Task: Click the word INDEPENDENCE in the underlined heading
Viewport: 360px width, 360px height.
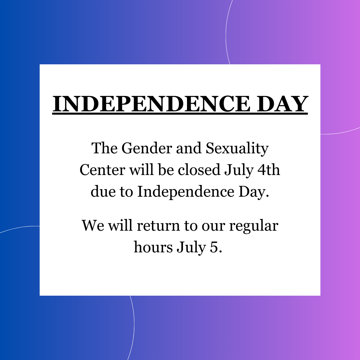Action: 151,104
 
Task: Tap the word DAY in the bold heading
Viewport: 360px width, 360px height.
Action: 282,104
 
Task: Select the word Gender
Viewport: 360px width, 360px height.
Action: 147,148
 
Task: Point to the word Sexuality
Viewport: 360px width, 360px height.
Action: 237,149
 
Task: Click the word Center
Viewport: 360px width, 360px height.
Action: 102,170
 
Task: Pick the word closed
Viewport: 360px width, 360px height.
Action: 199,170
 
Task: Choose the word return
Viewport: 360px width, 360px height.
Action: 158,226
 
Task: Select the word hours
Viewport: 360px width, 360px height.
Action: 153,247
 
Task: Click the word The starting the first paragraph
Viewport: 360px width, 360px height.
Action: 104,148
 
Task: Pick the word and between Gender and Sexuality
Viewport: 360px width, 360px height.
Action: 189,148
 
